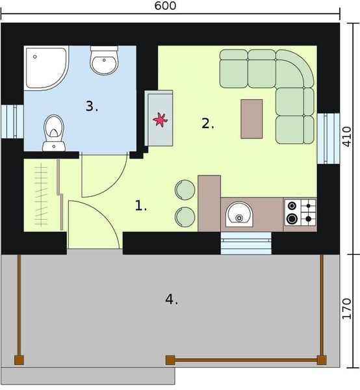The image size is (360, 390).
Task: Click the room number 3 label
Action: coord(92,107)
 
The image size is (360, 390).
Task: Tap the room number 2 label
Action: coord(207,123)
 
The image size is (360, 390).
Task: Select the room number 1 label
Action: coord(141,206)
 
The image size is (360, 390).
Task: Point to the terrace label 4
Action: coord(171,300)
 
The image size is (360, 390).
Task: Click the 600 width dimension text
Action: coord(166,6)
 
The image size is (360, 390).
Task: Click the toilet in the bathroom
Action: coord(53,132)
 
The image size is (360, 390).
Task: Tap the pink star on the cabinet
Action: coord(159,120)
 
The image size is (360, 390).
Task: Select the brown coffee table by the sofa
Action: coord(251,118)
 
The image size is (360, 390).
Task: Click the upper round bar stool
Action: coord(185,188)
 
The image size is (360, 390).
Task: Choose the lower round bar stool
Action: coord(185,216)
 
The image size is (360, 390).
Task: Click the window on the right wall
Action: coord(323,137)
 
